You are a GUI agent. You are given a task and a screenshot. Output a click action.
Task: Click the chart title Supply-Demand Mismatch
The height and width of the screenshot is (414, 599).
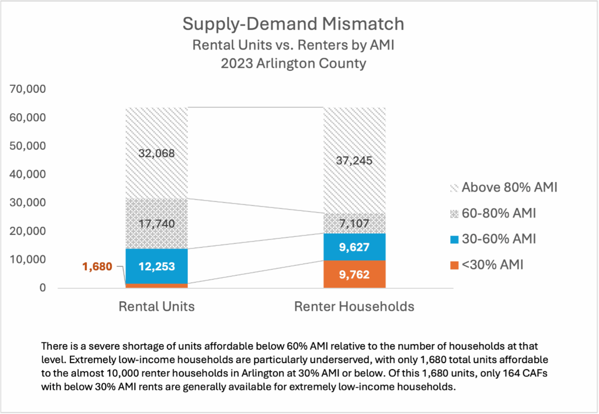[294, 23]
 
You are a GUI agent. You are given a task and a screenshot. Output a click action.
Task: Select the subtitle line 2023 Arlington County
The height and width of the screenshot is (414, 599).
[294, 63]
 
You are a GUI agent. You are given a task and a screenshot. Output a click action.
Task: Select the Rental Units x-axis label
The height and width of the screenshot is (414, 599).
[156, 306]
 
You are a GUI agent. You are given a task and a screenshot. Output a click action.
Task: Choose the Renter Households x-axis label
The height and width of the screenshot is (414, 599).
[354, 306]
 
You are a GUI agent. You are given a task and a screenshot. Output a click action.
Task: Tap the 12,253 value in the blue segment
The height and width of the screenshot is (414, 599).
[156, 266]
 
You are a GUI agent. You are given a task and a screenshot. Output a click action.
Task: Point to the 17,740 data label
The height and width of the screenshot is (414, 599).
[156, 223]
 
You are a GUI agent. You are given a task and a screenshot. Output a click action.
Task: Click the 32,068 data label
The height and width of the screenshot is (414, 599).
[156, 153]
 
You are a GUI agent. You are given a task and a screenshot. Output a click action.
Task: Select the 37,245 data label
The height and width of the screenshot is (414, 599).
[354, 161]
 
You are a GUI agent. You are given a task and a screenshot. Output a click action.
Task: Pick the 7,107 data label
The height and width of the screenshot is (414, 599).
[354, 223]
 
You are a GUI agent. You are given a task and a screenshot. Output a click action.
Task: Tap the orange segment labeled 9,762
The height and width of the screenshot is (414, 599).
[354, 274]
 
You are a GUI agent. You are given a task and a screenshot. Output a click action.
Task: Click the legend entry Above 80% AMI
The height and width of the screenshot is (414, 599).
[509, 188]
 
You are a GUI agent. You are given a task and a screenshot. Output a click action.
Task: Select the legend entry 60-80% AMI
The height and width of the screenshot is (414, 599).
[499, 213]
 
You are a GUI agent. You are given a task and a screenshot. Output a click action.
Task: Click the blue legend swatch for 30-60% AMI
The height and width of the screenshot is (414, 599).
[453, 239]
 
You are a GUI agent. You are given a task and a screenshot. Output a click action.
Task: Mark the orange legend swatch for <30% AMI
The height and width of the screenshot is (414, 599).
[453, 265]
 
